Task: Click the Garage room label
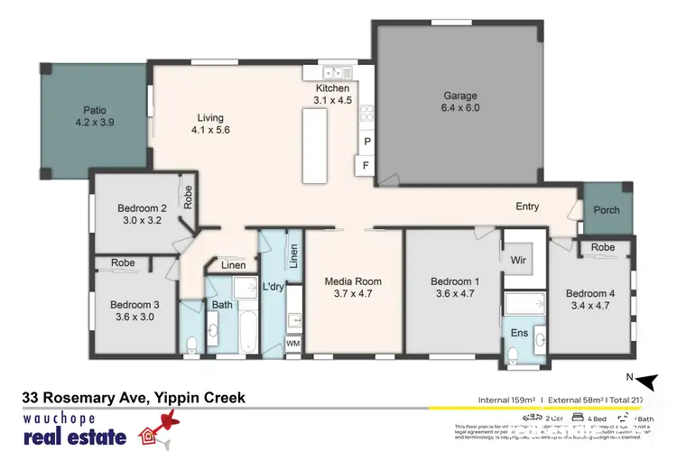tap(459, 96)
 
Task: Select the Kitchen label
tap(331, 87)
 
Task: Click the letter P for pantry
tap(366, 143)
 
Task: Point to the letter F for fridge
tap(366, 166)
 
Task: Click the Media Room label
tap(353, 281)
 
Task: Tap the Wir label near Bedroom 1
tap(518, 260)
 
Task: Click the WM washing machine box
tap(292, 344)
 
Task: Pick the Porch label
tap(606, 211)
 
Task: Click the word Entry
tap(527, 207)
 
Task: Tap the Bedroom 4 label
tap(590, 293)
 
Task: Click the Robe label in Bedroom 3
tap(123, 263)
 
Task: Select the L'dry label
tap(273, 287)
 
